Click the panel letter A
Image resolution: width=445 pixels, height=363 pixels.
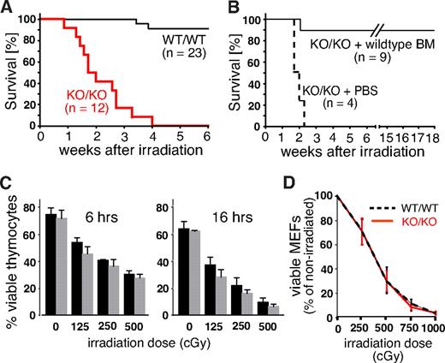pyautogui.click(x=8, y=9)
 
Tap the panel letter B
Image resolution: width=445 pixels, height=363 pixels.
pyautogui.click(x=233, y=9)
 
